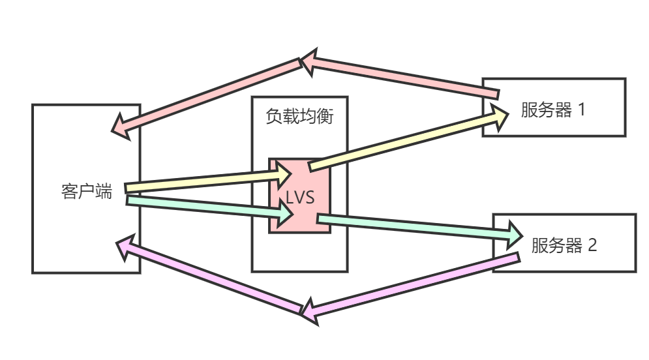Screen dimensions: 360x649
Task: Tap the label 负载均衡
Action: (299, 117)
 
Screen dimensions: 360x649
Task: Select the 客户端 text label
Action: (87, 192)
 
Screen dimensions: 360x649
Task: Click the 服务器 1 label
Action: (553, 110)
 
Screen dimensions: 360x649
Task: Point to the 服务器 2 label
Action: (564, 245)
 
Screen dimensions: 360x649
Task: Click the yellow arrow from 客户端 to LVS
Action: (196, 183)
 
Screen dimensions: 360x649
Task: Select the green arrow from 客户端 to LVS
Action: (196, 205)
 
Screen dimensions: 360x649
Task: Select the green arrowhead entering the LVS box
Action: (285, 213)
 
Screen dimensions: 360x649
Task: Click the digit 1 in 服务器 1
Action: (581, 110)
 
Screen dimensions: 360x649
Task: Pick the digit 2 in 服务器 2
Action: (592, 245)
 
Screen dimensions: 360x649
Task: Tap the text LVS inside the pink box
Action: (301, 198)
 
